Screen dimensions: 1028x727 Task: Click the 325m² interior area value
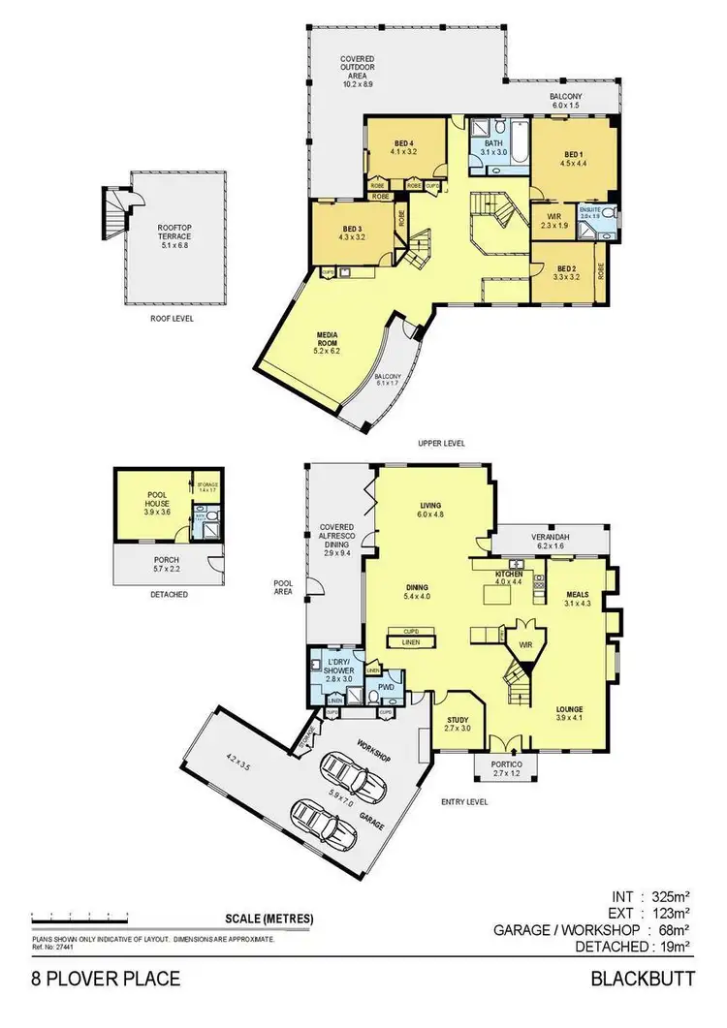click(672, 896)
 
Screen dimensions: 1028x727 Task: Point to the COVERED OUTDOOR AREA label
click(358, 72)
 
